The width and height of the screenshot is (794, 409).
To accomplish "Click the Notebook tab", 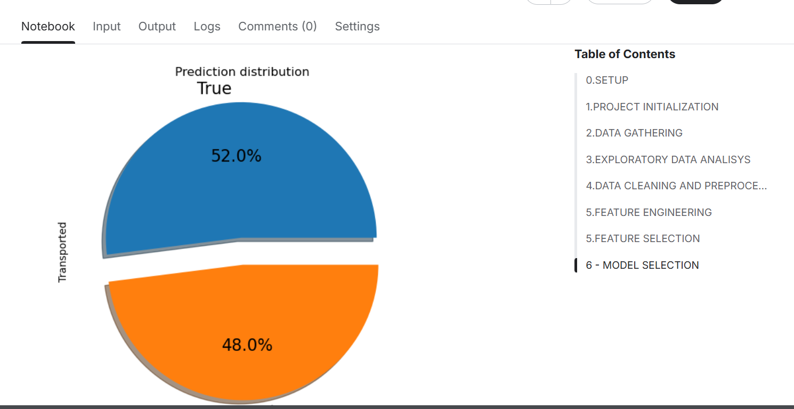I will point(48,27).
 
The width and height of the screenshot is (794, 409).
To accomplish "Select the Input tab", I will point(107,27).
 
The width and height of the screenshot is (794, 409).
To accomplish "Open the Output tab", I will point(157,27).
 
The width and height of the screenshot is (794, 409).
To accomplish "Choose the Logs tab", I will point(207,27).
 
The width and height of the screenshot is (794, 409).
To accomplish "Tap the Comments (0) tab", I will point(277,27).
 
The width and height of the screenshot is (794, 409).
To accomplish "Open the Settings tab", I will point(357,27).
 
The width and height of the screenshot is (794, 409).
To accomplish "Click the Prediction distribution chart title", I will point(242,71).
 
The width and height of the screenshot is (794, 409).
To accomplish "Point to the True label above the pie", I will point(214,88).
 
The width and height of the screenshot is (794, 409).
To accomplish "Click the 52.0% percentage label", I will point(236,156).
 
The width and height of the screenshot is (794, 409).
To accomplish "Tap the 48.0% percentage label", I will point(247,345).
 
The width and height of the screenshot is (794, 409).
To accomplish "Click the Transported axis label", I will point(62,252).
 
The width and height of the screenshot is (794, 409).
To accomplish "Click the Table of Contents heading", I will point(625,54).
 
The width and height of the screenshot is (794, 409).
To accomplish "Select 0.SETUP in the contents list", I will point(607,81).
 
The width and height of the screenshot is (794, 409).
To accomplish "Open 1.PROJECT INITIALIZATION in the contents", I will point(652,107).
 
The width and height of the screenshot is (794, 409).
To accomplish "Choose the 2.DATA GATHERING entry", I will point(634,133).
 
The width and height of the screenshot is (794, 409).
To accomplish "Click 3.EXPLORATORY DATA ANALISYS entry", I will point(668,159).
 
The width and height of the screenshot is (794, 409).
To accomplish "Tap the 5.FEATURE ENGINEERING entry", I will point(649,212).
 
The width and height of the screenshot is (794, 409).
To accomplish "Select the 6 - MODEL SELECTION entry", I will point(642,265).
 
